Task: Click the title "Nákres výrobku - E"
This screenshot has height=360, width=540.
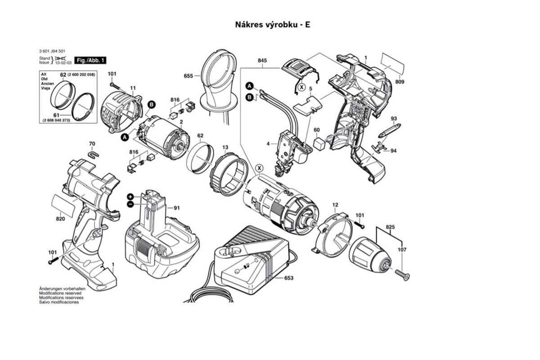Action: (272, 24)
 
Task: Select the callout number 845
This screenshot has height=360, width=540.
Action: (263, 60)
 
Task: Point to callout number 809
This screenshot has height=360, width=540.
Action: (400, 81)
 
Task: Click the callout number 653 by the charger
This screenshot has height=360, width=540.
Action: (288, 278)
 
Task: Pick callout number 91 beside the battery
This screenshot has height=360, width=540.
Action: (176, 207)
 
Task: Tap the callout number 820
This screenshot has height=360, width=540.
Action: (60, 219)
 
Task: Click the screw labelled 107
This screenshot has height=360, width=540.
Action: (402, 273)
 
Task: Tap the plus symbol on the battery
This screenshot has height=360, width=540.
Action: (130, 197)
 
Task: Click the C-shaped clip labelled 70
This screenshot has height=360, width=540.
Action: (93, 155)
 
